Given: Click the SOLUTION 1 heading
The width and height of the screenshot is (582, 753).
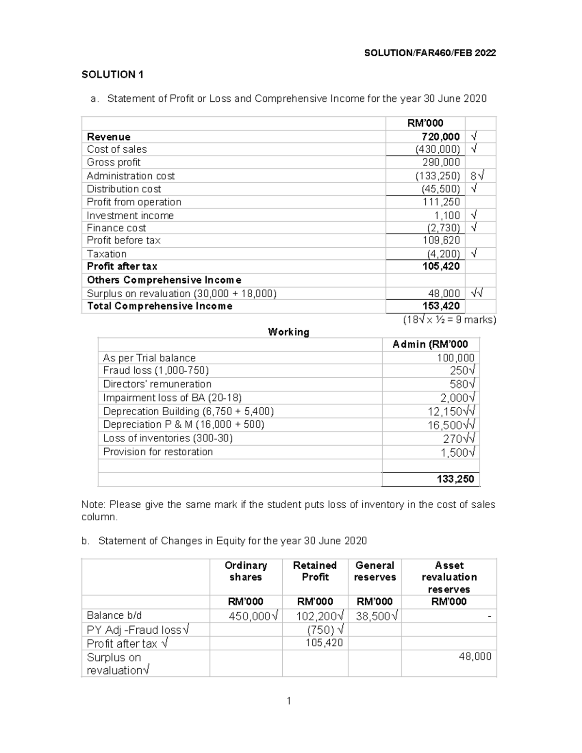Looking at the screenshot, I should [x=113, y=75].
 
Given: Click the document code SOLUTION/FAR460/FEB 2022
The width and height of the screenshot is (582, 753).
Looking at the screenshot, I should [x=430, y=53].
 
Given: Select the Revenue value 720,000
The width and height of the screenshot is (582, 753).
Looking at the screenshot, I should [x=440, y=137].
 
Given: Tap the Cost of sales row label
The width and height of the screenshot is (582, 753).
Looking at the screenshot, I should [x=117, y=149].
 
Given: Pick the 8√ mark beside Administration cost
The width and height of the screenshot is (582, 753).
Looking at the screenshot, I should [x=477, y=176].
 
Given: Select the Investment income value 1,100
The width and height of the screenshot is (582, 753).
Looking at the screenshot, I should [x=447, y=215].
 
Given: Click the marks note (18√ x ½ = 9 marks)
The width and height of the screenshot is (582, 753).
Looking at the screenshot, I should [x=449, y=320].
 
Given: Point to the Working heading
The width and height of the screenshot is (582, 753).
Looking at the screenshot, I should [x=289, y=332].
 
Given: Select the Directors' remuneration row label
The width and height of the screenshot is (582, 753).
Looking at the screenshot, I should [x=157, y=384].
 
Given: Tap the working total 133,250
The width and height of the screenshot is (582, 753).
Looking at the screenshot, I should [x=455, y=479].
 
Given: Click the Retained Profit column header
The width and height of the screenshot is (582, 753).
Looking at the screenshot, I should [x=315, y=571].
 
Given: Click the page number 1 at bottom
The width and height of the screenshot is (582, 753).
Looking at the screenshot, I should [x=289, y=701].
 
